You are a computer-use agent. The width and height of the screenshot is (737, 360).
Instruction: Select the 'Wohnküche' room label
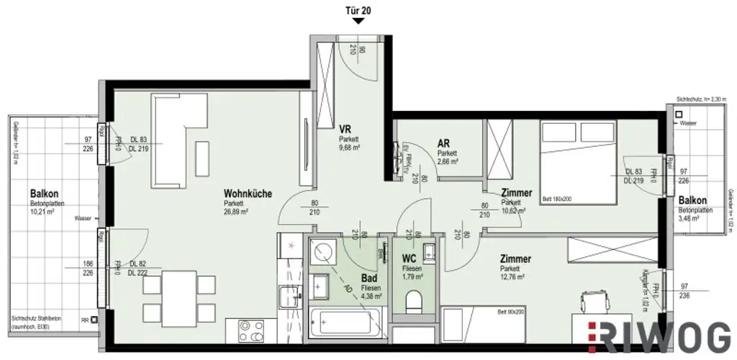(247, 194)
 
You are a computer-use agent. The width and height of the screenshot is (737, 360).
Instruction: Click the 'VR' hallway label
(345, 129)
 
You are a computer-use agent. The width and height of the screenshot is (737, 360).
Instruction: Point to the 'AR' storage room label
(444, 143)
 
